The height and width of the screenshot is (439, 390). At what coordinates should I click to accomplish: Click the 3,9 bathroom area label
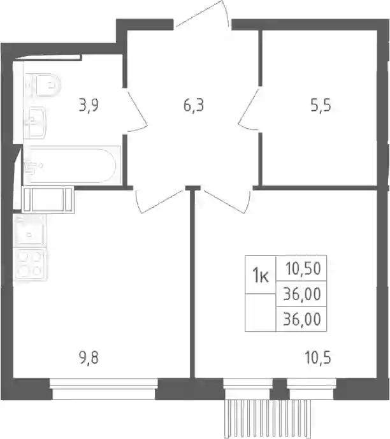pos(89,106)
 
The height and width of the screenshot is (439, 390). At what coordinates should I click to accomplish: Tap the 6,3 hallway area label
pos(194,106)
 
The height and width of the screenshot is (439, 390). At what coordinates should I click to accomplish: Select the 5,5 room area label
pos(321,106)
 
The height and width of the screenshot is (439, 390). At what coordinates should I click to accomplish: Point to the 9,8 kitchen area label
pos(89,358)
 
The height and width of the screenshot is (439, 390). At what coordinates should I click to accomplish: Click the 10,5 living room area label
pos(318,358)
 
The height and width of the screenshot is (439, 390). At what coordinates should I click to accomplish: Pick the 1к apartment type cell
pos(261,275)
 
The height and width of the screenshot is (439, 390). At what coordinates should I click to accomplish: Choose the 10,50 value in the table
pos(303,268)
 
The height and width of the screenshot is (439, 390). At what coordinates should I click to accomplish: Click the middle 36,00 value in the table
pos(302,294)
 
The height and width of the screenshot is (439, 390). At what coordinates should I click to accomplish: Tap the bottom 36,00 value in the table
pos(302,319)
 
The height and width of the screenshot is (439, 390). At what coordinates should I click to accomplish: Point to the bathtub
pos(72,166)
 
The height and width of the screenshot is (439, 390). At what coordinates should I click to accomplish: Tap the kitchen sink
pos(29,231)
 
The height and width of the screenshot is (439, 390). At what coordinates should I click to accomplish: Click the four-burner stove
pos(30,264)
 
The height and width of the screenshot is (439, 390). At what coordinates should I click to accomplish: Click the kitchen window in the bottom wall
pos(104,389)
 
